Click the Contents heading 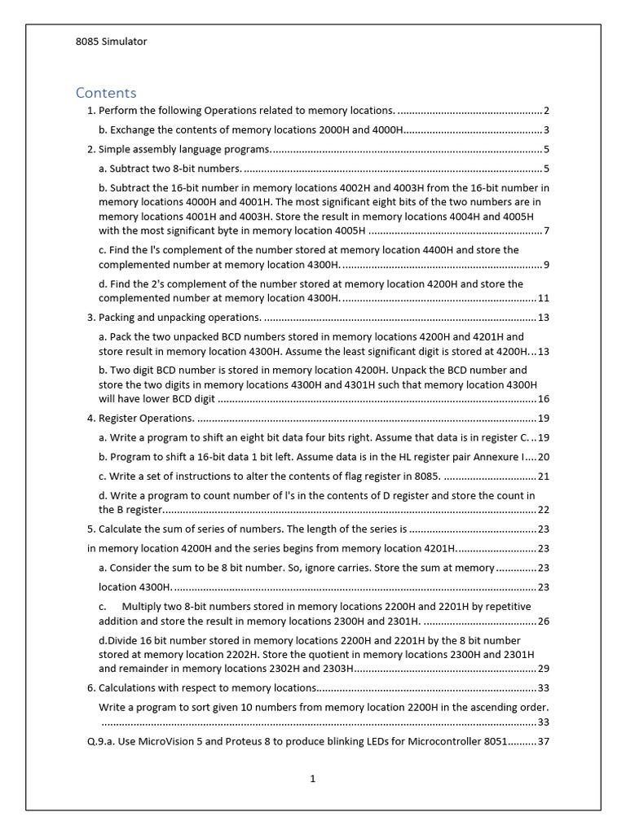[x=106, y=92]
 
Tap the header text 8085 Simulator [x=112, y=42]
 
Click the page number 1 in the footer [x=312, y=779]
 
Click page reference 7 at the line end [x=546, y=230]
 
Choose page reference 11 [x=544, y=298]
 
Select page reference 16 [x=544, y=399]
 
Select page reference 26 [x=544, y=621]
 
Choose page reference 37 [x=544, y=742]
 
